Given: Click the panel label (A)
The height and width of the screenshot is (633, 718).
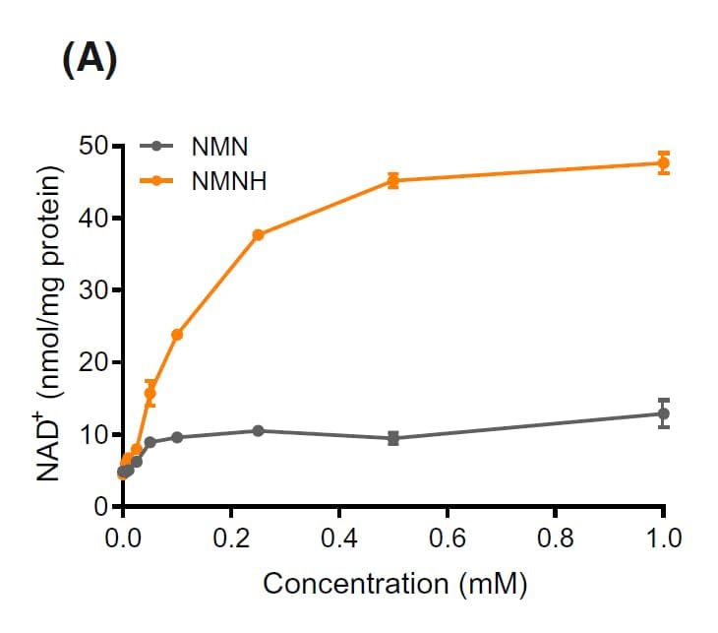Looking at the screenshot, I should pyautogui.click(x=90, y=62).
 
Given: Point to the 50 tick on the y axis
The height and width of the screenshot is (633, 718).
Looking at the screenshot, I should pyautogui.click(x=95, y=147).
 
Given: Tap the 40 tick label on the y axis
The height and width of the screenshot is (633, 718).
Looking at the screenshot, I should pyautogui.click(x=95, y=219).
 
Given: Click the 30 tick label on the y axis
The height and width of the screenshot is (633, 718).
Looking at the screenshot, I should pyautogui.click(x=95, y=290).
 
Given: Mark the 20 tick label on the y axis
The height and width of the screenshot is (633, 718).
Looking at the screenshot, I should pyautogui.click(x=95, y=362).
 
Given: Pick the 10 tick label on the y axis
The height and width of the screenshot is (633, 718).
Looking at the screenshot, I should pyautogui.click(x=95, y=434).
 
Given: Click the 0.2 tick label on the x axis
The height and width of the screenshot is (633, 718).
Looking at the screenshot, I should pyautogui.click(x=230, y=540).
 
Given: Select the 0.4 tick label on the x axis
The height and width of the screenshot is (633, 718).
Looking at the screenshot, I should pyautogui.click(x=338, y=540).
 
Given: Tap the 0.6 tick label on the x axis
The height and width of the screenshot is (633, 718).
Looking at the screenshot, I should pyautogui.click(x=447, y=540).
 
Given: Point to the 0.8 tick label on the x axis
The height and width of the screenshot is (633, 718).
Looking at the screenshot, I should pyautogui.click(x=555, y=540).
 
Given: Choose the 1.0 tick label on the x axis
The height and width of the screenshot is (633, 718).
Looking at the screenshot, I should pyautogui.click(x=663, y=540).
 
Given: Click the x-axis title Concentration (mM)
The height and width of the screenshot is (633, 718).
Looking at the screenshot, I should pyautogui.click(x=394, y=584).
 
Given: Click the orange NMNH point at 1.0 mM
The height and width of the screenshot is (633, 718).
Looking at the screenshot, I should pyautogui.click(x=663, y=163).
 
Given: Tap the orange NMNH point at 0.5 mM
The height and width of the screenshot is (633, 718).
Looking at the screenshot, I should pyautogui.click(x=392, y=180).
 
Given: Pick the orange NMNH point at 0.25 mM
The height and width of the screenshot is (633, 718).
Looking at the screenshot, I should pyautogui.click(x=258, y=234).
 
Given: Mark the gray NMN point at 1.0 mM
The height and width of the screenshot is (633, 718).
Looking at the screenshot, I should pyautogui.click(x=663, y=413).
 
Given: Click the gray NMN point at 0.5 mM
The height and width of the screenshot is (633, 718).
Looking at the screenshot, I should pyautogui.click(x=392, y=438).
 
